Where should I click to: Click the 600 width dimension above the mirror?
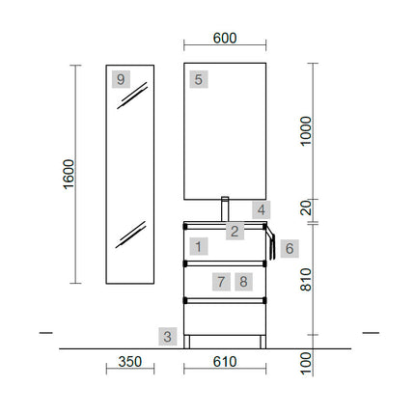click(x=225, y=39)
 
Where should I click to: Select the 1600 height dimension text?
click(x=69, y=174)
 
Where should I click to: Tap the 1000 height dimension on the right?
click(x=306, y=131)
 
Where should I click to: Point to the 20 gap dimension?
click(x=306, y=207)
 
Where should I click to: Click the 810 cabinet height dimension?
click(x=306, y=280)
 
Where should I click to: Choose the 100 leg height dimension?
click(x=306, y=363)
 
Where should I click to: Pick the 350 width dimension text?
click(x=130, y=362)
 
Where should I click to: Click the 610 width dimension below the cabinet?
click(x=225, y=362)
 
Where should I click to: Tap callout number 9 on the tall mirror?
click(x=121, y=79)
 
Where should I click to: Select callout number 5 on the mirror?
click(x=199, y=79)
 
